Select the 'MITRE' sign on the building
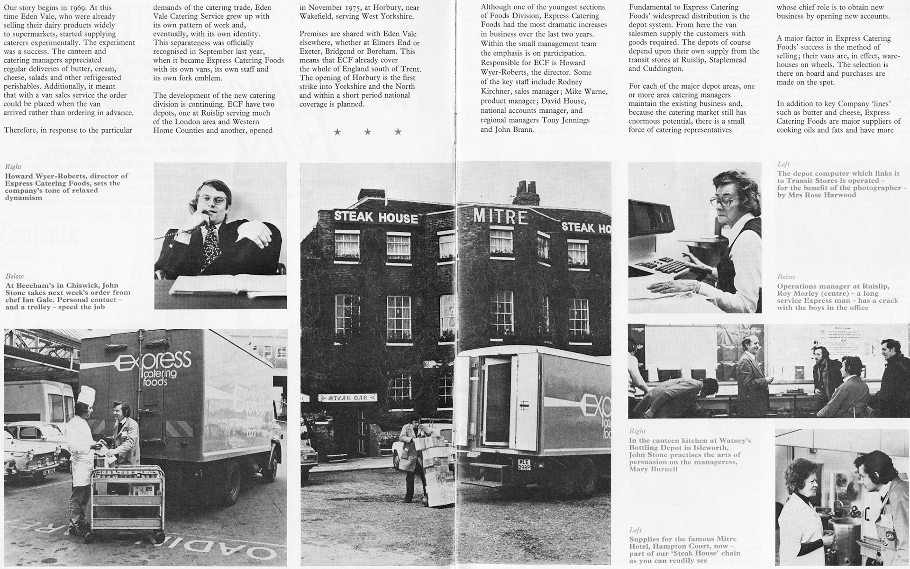tap(500, 217)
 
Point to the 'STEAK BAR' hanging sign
tap(348, 397)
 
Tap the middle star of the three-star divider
tap(367, 132)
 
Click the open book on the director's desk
tap(223, 286)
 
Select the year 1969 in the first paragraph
tap(73, 8)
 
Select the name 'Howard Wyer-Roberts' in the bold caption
tap(45, 176)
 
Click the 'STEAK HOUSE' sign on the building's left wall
tap(376, 217)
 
